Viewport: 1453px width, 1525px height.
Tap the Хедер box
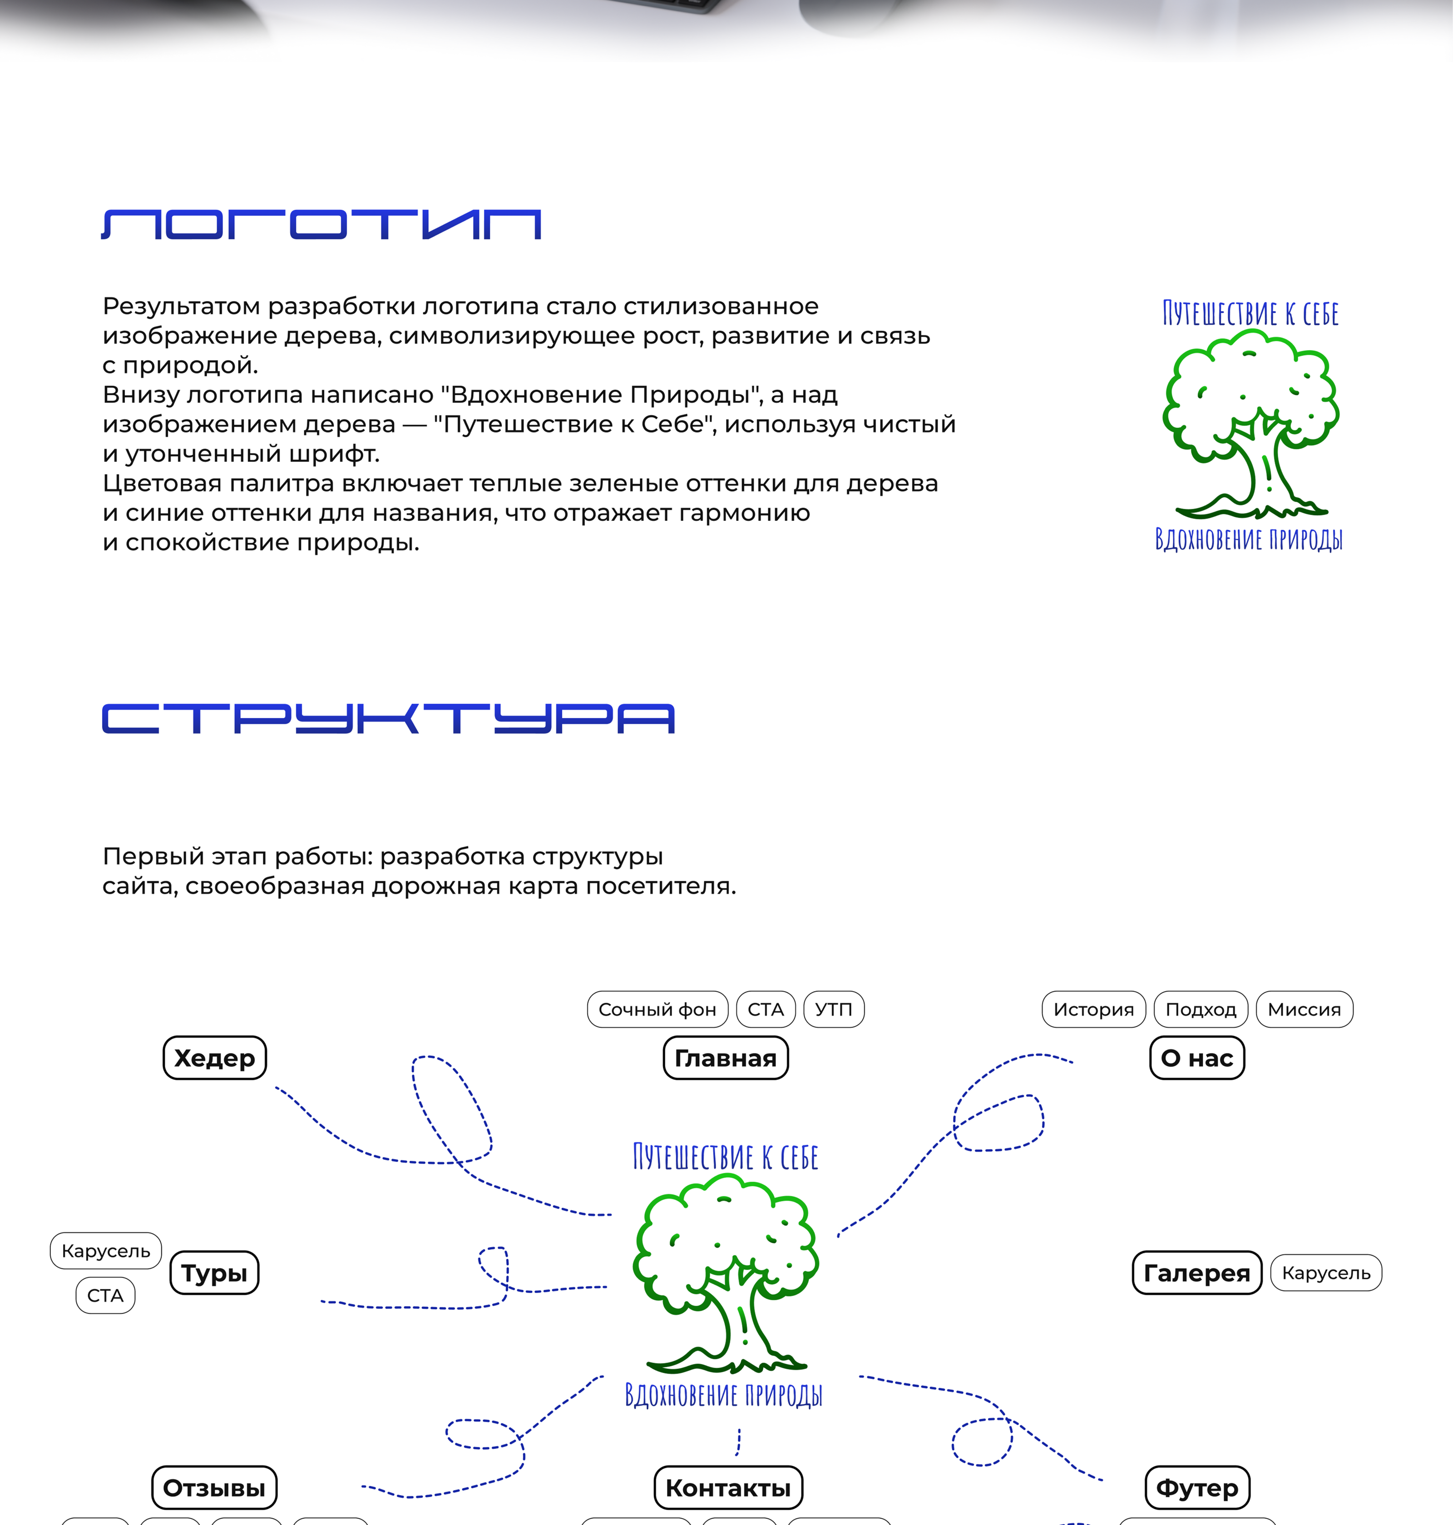click(214, 1058)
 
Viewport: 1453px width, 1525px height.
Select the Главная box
click(726, 1058)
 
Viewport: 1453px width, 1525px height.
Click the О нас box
click(1196, 1058)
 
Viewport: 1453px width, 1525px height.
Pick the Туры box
click(214, 1272)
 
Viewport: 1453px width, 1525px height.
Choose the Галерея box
click(1196, 1272)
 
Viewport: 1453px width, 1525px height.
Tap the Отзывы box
click(214, 1488)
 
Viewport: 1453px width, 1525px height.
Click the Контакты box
click(728, 1488)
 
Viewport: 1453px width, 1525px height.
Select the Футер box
click(1196, 1488)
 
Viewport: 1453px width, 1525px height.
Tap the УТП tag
click(833, 1009)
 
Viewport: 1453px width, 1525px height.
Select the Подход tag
click(1201, 1009)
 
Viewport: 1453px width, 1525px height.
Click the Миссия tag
click(1304, 1009)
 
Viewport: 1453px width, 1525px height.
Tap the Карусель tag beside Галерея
click(1326, 1272)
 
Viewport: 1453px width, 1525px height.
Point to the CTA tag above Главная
click(765, 1009)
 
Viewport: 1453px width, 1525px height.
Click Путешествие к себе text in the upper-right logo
click(1250, 314)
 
